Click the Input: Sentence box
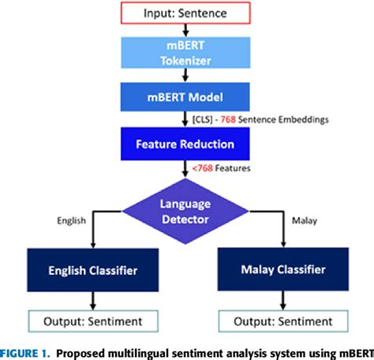click(185, 13)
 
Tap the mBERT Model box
click(185, 97)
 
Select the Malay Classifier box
click(283, 271)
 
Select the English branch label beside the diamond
click(72, 221)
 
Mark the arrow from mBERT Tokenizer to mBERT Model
click(185, 75)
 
